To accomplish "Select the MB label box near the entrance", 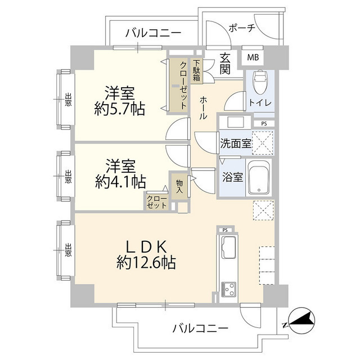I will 253,56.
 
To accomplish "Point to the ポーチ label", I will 242,28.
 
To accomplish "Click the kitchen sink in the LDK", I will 229,247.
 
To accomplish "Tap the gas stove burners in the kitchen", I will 229,289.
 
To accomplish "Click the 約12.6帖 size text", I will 146,262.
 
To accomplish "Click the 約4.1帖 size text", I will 120,181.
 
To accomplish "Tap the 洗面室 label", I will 235,143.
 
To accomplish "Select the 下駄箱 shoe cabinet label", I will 196,70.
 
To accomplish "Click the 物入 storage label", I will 179,186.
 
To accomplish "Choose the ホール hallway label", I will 202,107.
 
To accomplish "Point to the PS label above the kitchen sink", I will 225,230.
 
